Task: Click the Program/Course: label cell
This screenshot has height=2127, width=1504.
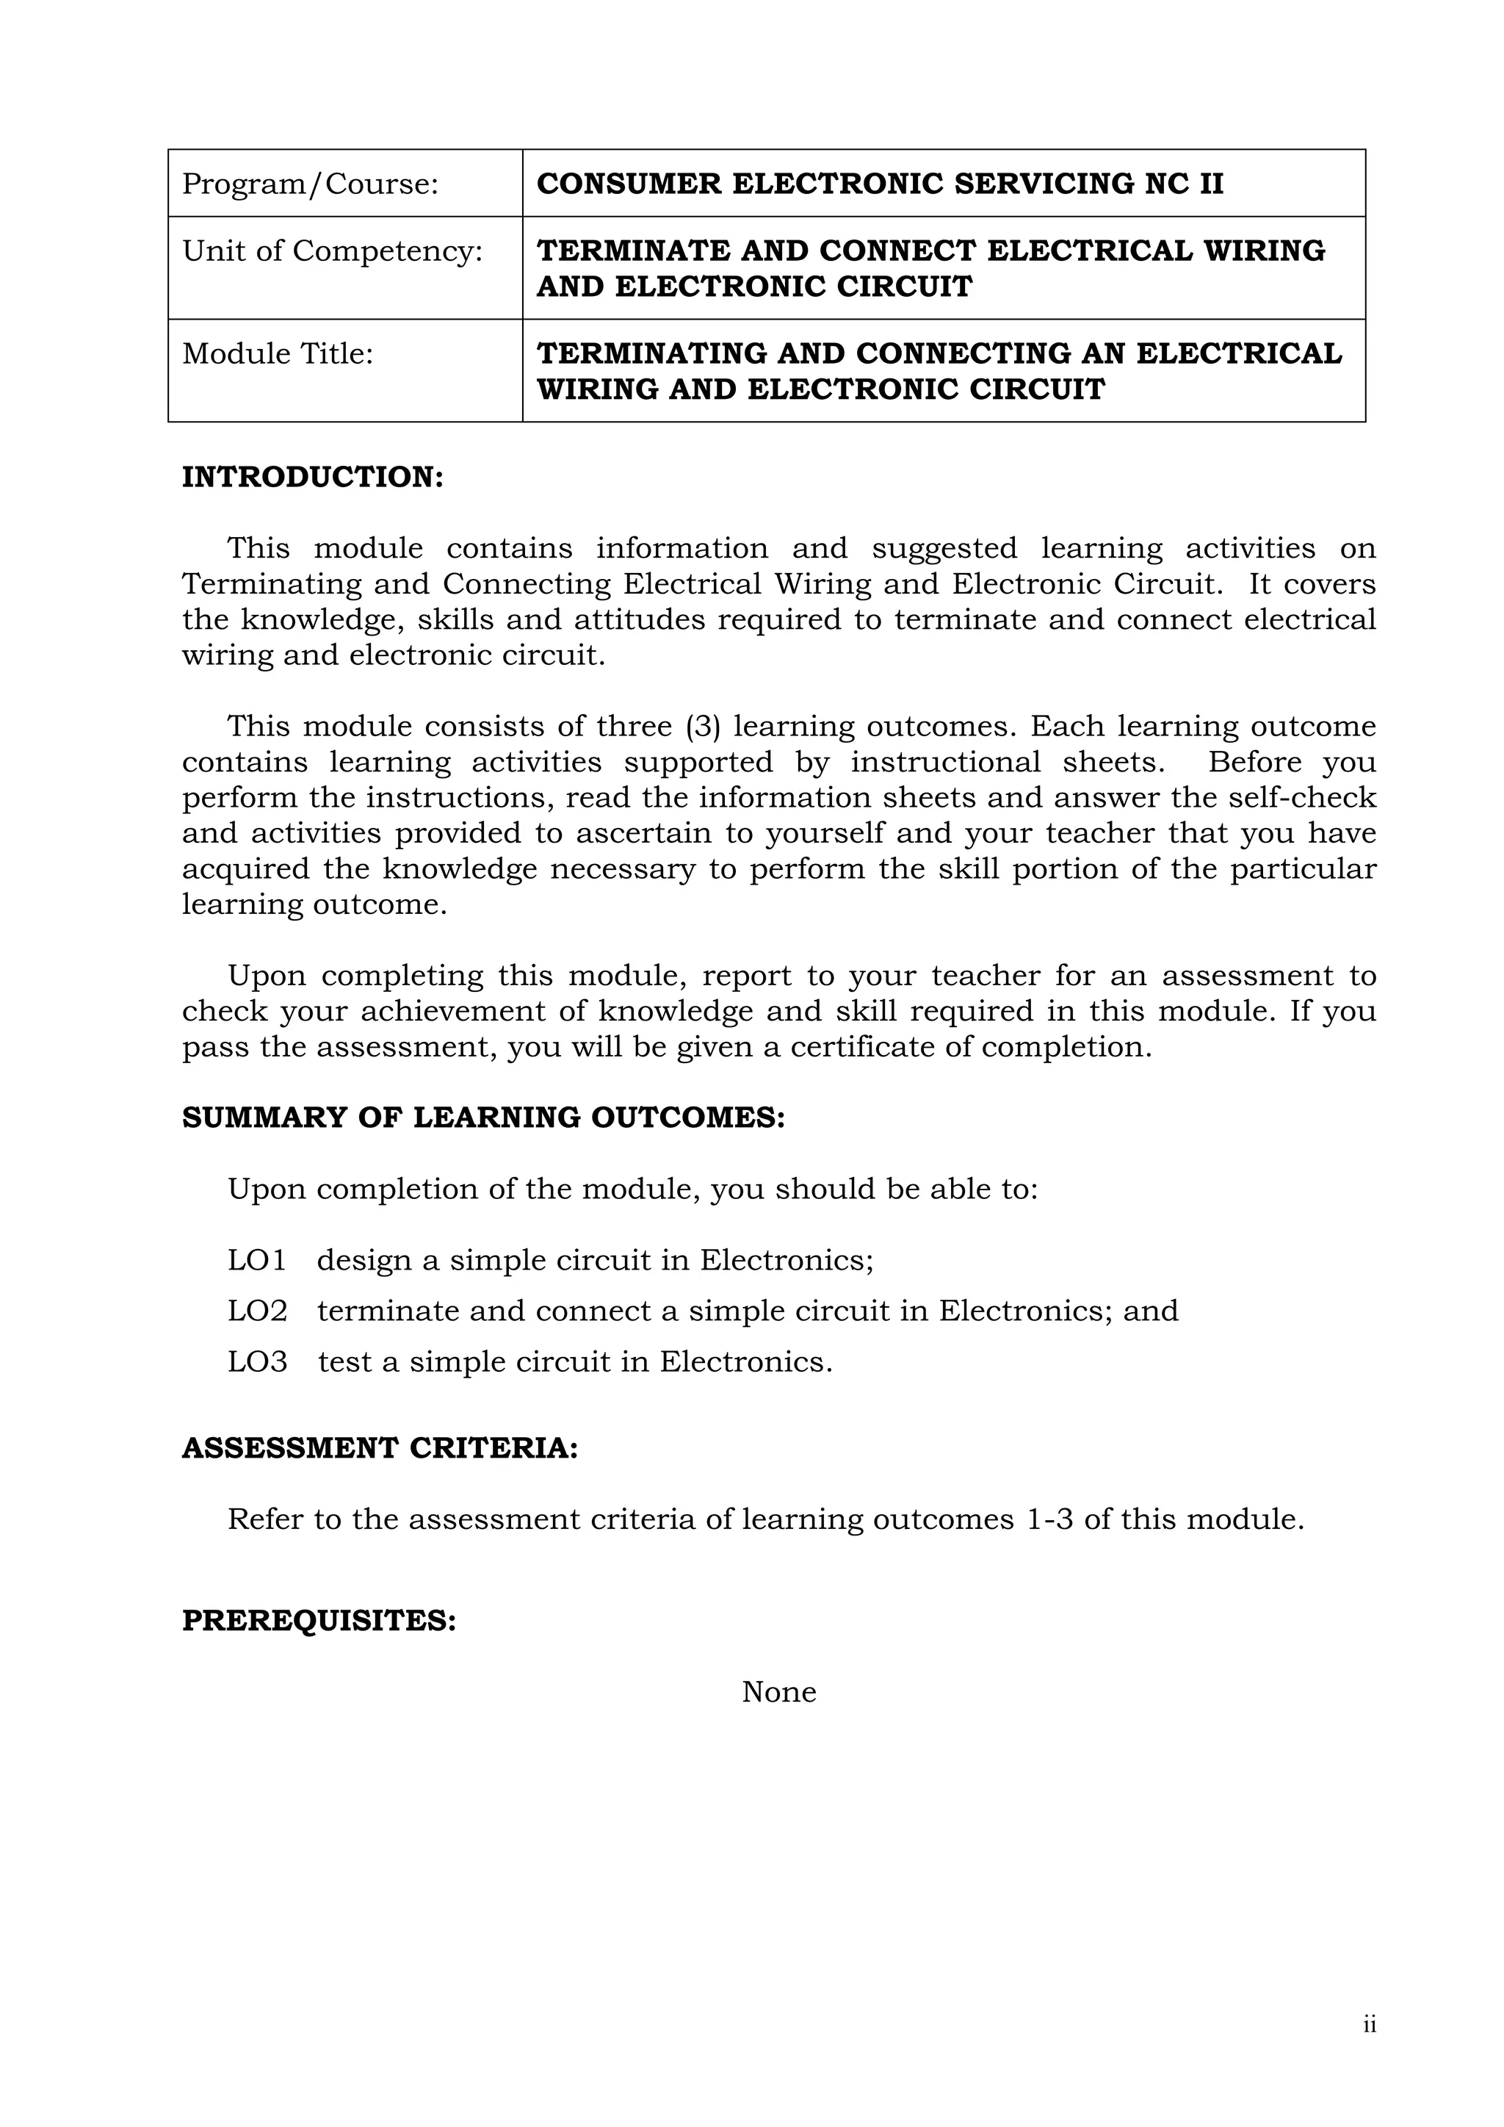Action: [x=309, y=184]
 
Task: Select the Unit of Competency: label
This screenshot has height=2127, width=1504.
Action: [x=333, y=251]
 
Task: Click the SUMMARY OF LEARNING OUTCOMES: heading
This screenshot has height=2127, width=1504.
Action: [x=482, y=1118]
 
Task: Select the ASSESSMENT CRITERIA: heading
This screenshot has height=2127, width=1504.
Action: [x=380, y=1448]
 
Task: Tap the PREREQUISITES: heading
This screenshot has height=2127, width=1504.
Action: [x=319, y=1620]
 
